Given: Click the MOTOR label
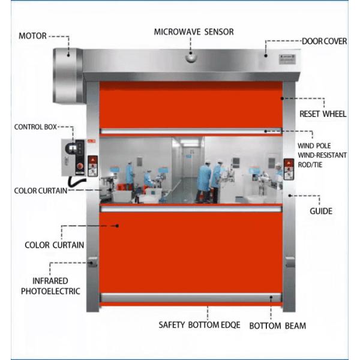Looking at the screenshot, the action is click(32, 36).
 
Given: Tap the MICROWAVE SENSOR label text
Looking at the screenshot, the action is click(194, 32).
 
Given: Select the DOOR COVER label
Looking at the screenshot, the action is click(324, 41).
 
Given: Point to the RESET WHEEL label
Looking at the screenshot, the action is click(323, 114).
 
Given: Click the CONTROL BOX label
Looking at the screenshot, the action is click(35, 127).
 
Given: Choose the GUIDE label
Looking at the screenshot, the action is click(321, 211).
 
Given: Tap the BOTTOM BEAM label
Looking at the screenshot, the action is click(278, 326).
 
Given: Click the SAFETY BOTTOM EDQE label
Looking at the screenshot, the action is click(199, 325).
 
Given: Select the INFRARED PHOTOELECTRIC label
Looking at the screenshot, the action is click(50, 286).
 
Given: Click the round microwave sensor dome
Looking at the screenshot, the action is click(191, 57).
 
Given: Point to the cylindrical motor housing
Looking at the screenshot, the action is click(68, 76).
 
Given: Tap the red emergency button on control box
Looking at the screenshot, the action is click(80, 166).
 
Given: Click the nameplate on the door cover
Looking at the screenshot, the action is click(287, 59).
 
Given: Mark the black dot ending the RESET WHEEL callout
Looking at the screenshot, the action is click(282, 98).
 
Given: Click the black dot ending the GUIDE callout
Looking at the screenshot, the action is click(290, 196).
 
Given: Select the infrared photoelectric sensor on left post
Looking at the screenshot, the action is click(93, 261).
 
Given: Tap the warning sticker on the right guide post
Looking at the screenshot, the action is click(289, 169).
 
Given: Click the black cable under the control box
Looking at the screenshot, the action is click(76, 181).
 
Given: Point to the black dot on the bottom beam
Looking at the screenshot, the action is click(271, 297).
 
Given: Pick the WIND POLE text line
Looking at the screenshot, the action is click(314, 146).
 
